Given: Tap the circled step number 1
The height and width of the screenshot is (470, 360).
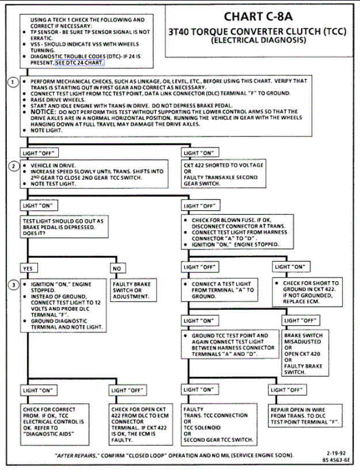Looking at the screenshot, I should tap(13, 83).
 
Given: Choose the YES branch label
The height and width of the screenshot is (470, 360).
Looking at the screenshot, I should tap(28, 268).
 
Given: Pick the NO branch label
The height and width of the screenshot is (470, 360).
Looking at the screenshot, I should tap(117, 268).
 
